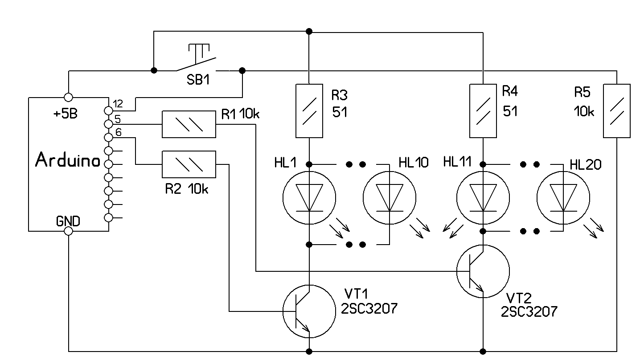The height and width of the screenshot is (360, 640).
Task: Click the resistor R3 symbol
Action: [309, 110]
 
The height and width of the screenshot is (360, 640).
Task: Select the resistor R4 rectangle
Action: [483, 110]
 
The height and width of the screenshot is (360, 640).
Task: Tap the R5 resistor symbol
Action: [616, 110]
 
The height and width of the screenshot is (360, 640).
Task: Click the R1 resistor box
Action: [189, 124]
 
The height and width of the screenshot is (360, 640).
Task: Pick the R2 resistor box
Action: [189, 164]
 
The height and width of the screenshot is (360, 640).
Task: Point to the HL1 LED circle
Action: [309, 197]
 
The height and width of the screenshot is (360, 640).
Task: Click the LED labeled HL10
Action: [389, 197]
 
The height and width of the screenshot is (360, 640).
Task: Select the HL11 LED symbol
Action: [483, 197]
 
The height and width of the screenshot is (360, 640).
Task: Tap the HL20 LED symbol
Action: [562, 197]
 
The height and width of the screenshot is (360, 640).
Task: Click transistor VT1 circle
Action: [309, 311]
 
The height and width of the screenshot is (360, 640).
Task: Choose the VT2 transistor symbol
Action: [483, 271]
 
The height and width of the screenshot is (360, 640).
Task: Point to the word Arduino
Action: [67, 160]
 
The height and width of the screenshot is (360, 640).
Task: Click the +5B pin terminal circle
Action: [68, 97]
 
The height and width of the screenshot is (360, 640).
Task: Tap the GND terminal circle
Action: [68, 231]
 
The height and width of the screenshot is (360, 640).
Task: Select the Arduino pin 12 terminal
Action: [108, 110]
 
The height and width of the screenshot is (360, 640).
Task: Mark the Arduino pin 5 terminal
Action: [108, 123]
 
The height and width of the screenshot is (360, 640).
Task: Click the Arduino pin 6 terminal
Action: [108, 137]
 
